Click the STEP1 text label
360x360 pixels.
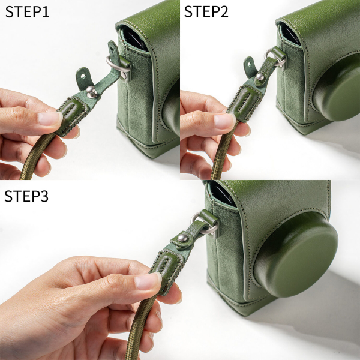point(28,11)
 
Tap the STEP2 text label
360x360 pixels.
point(206,11)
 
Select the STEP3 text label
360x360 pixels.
point(28,196)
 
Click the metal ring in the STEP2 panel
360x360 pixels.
point(276,59)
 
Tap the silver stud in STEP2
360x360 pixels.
point(261,77)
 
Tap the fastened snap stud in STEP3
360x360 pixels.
point(180,240)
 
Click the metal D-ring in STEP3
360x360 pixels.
point(202,223)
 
